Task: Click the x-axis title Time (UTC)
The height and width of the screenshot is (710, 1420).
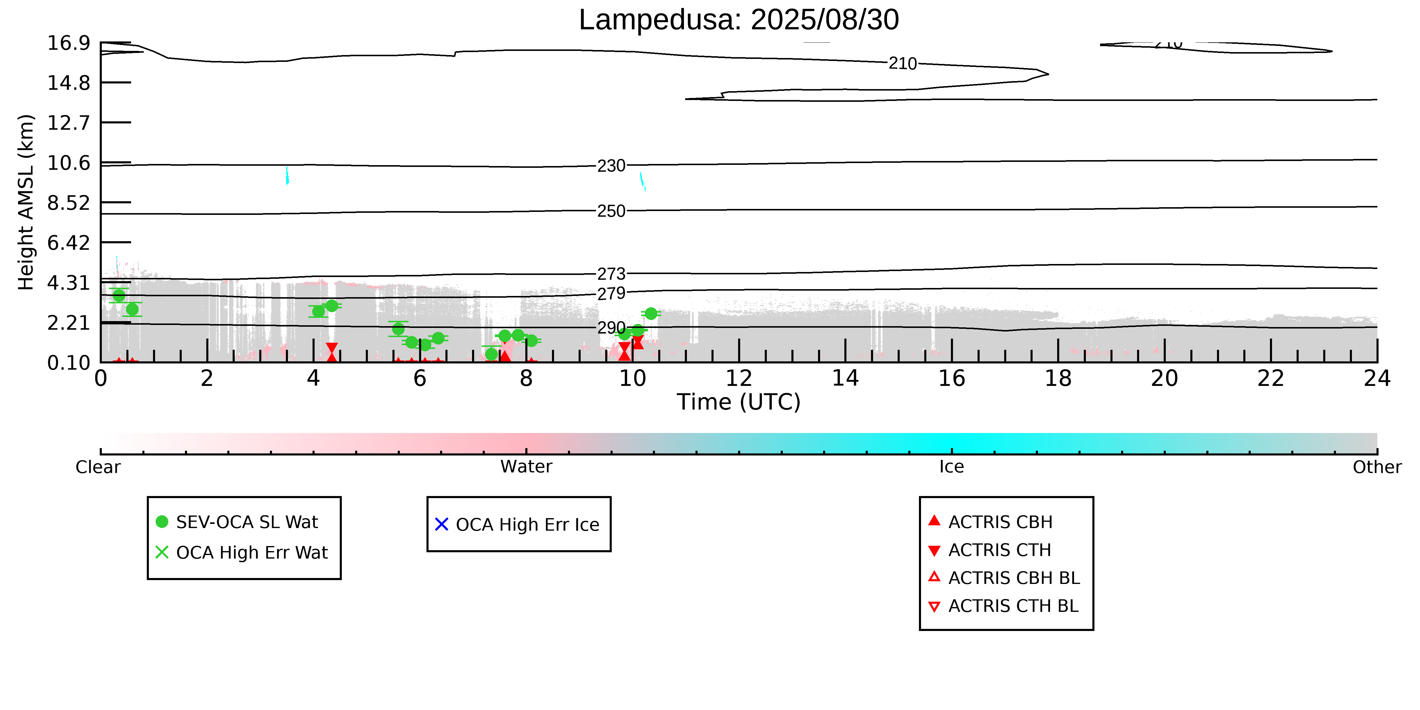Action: [739, 402]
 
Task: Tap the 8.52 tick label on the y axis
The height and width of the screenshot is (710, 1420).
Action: [68, 203]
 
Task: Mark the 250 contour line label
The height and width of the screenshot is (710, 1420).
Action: [611, 211]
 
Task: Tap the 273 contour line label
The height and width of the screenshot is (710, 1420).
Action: [611, 274]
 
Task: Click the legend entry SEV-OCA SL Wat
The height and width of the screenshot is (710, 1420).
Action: [247, 522]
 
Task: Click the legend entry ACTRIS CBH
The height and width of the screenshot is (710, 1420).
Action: [1000, 522]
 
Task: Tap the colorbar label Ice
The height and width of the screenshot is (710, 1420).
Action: [952, 467]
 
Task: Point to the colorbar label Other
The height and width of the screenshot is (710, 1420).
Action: [1376, 467]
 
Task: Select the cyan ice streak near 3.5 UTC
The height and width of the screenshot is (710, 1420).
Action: [287, 176]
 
